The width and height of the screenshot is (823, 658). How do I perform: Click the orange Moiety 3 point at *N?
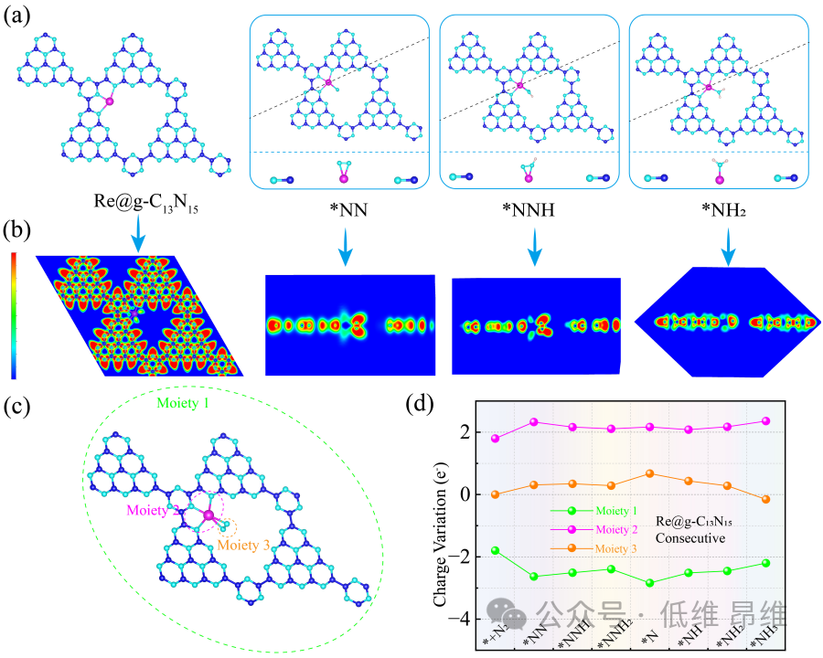pyautogui.click(x=649, y=473)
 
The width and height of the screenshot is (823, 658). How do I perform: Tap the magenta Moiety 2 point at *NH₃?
pyautogui.click(x=765, y=421)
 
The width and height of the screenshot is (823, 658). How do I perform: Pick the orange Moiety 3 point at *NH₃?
pyautogui.click(x=765, y=499)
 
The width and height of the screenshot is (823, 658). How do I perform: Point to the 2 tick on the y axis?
pyautogui.click(x=468, y=431)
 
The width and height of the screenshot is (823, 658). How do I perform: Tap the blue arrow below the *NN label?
pyautogui.click(x=345, y=255)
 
